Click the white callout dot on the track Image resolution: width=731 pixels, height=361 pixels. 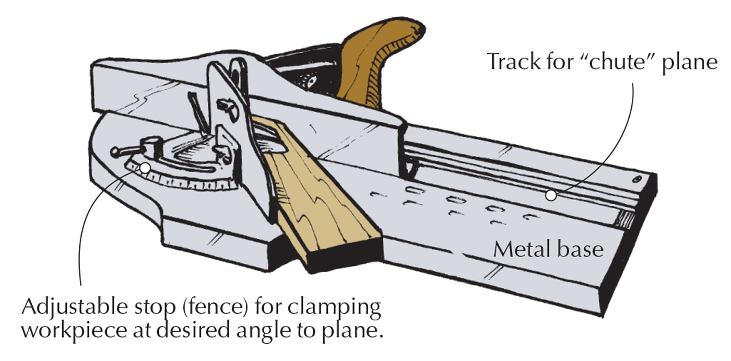550,195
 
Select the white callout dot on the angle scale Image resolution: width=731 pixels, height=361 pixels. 146,168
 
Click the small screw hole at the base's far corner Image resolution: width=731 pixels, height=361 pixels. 636,180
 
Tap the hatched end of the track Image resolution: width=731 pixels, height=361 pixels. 627,219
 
